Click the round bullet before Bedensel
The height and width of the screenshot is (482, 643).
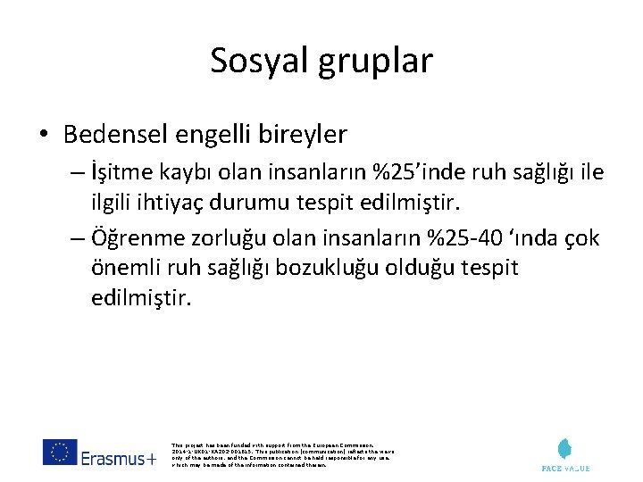pos(44,135)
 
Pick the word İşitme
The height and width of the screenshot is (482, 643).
pos(121,171)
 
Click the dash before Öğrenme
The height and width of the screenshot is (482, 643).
pos(74,238)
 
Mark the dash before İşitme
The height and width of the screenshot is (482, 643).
pos(74,171)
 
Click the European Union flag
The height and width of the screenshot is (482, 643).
pos(59,453)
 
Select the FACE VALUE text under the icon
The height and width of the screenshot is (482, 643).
pos(566,468)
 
